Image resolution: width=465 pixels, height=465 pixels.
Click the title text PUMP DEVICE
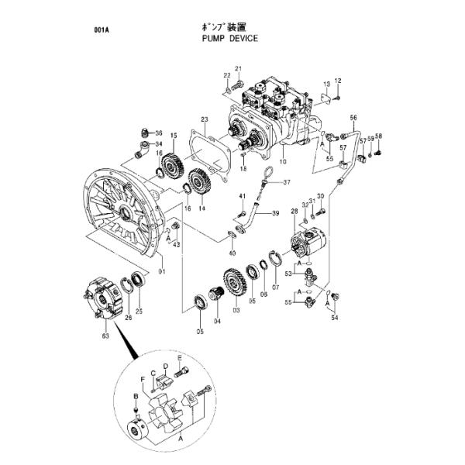click(x=229, y=37)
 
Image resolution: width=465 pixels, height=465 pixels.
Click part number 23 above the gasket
click(x=204, y=119)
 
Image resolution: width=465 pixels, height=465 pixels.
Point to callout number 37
click(x=286, y=183)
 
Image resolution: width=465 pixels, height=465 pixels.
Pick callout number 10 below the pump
click(x=283, y=163)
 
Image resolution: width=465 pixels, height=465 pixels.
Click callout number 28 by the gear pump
click(x=294, y=211)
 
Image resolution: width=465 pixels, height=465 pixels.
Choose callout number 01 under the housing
click(x=162, y=271)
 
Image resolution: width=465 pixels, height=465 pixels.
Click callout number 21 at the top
click(x=239, y=69)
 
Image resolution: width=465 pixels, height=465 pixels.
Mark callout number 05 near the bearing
click(x=199, y=332)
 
